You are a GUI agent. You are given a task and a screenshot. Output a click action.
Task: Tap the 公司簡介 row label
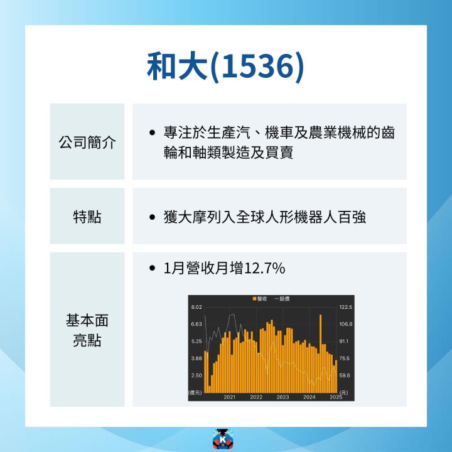[x=87, y=142]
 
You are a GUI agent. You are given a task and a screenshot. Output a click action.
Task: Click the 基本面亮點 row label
[x=87, y=330]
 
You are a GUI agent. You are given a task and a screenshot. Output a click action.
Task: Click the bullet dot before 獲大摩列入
[x=153, y=218]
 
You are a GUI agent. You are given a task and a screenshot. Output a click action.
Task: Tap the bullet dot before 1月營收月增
[x=153, y=269]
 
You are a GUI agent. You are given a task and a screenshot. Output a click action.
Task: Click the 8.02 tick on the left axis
[x=196, y=307]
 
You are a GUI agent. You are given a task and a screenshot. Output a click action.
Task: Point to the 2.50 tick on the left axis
[x=196, y=375]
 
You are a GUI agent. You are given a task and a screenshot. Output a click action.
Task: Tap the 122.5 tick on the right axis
[x=346, y=307]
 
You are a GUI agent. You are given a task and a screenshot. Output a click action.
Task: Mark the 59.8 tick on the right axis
[x=345, y=375]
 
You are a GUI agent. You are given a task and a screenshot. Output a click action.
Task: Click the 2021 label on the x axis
[x=229, y=397]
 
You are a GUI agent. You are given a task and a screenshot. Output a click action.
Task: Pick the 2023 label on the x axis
[x=282, y=397]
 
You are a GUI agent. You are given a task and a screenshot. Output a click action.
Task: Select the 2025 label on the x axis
[x=336, y=397]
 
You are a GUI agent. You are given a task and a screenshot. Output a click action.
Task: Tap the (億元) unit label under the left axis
[x=195, y=392]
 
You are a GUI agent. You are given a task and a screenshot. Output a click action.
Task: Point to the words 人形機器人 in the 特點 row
[x=301, y=218]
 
